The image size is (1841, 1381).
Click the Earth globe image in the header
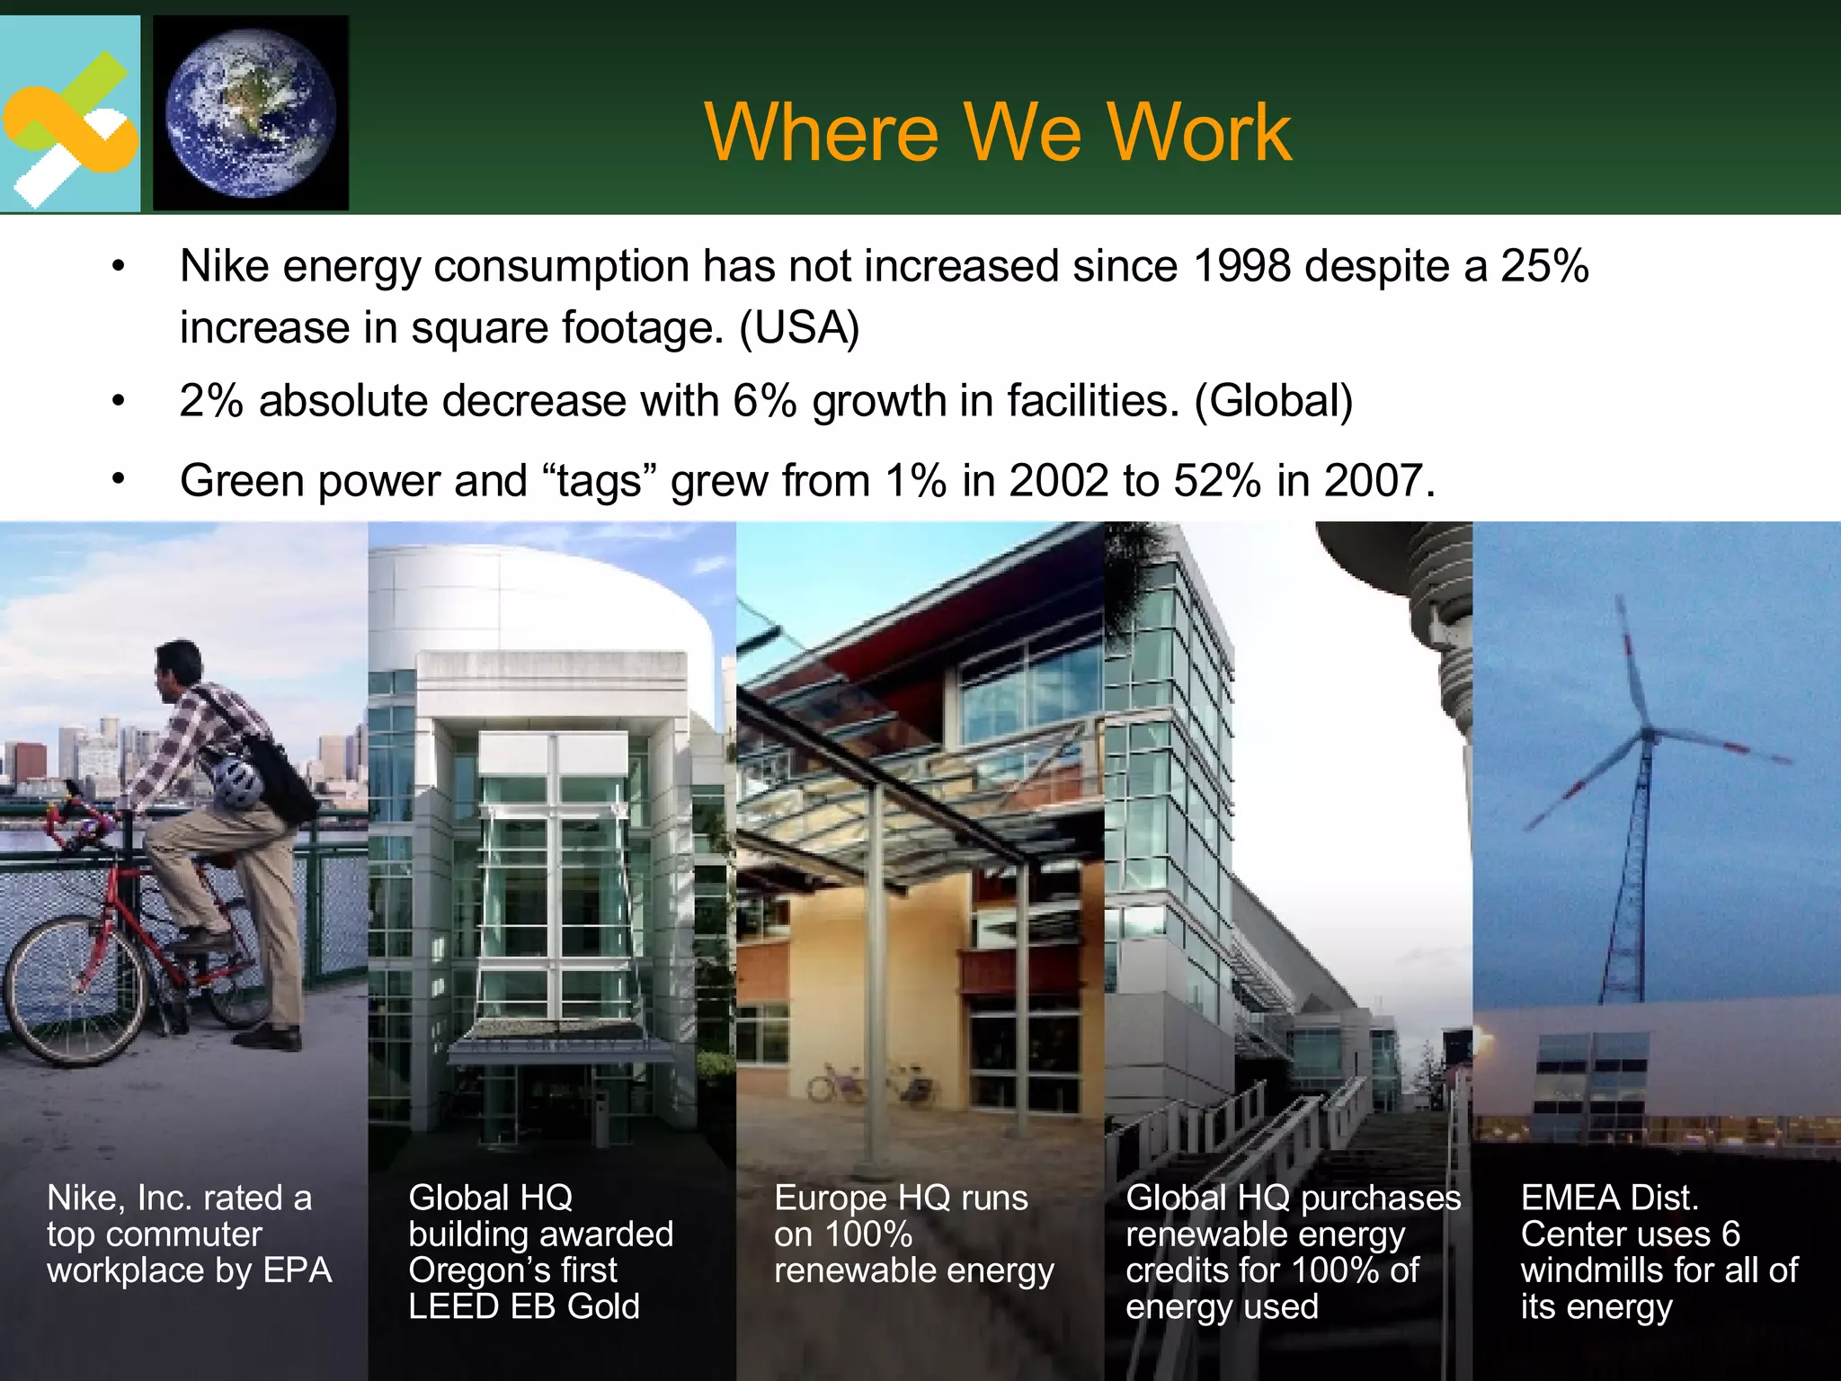(x=251, y=112)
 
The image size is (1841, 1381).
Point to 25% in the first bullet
(x=1544, y=267)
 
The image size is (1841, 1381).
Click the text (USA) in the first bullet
(x=799, y=328)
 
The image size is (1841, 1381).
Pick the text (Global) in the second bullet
(x=1273, y=401)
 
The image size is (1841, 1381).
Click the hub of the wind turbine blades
(x=1649, y=735)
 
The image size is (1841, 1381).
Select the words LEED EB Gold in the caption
(x=523, y=1307)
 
